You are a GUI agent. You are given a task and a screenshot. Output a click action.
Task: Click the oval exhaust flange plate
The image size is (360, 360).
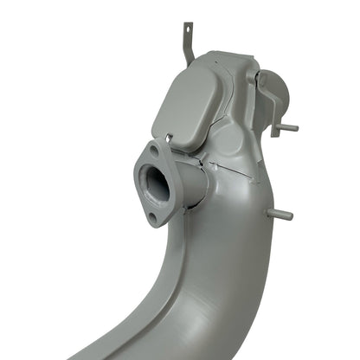[x=153, y=183]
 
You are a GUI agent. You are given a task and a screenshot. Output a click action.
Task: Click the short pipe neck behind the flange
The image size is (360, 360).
[x=191, y=180]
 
